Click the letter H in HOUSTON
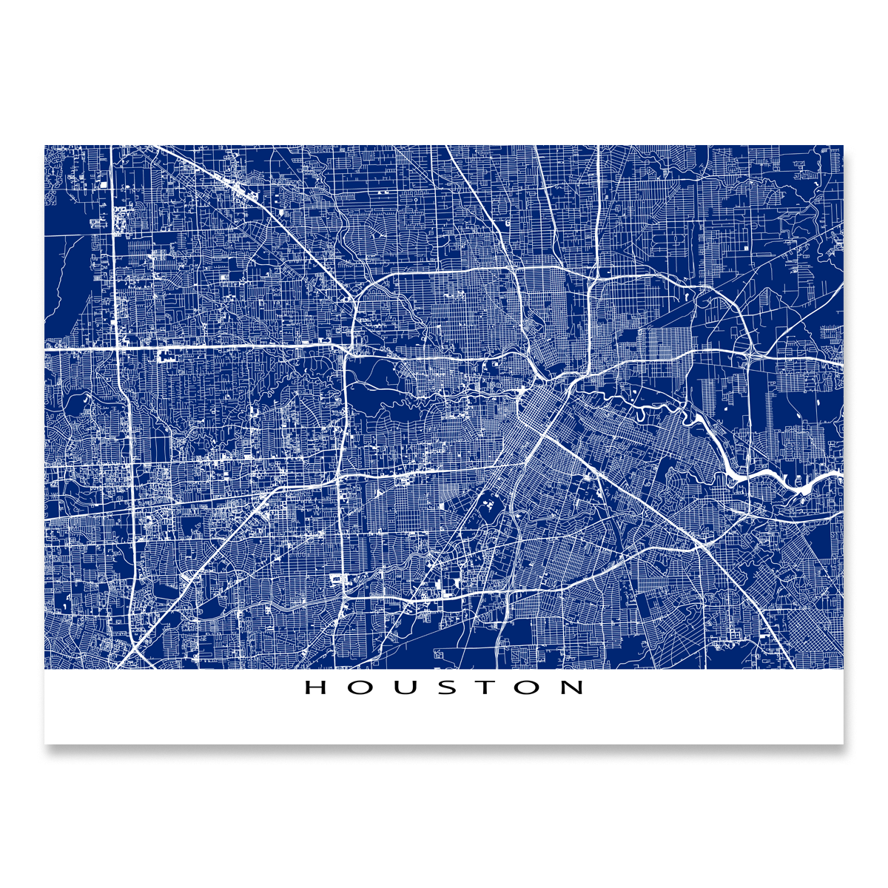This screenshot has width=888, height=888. [316, 687]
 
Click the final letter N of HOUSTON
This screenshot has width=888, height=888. [573, 687]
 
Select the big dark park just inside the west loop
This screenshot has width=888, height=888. [377, 403]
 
